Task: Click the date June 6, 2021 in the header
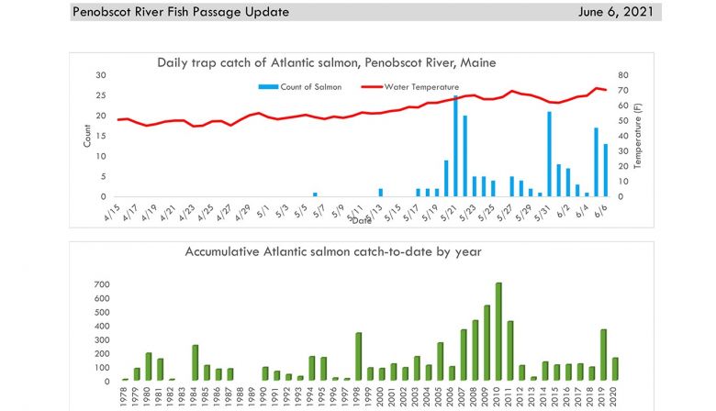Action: (618, 12)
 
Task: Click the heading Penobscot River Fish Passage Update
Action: (181, 12)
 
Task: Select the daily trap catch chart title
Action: (326, 62)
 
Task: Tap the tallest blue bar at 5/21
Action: (455, 146)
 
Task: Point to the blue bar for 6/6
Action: (605, 170)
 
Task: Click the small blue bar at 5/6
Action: (315, 194)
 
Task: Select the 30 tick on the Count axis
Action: (101, 75)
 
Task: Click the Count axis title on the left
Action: (88, 136)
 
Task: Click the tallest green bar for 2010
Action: (498, 331)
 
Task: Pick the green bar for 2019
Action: (603, 355)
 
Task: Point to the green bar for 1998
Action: (358, 356)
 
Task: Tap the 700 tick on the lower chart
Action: (101, 283)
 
